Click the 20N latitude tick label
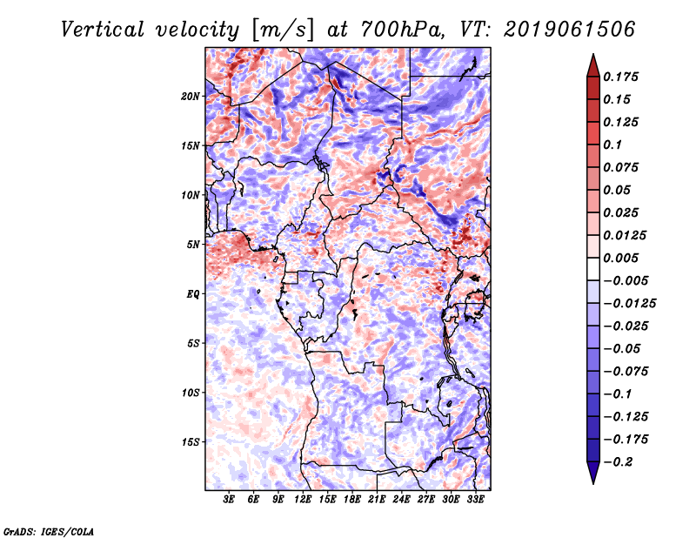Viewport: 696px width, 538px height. [191, 97]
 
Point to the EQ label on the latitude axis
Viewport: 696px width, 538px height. [192, 294]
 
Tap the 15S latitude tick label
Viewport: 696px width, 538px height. [191, 442]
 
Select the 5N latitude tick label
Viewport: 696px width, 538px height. [193, 245]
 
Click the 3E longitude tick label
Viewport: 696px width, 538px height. [229, 500]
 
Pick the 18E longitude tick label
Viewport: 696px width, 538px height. [352, 500]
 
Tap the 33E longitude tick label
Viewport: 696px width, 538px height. [475, 500]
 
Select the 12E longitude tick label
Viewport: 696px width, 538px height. [303, 500]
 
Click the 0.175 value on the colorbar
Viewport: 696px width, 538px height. [621, 77]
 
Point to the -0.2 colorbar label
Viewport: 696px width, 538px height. [618, 462]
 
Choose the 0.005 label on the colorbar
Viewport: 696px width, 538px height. [621, 258]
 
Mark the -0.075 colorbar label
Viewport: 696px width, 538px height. [626, 372]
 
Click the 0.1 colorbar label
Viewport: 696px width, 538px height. [613, 145]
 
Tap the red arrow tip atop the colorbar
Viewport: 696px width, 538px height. [593, 55]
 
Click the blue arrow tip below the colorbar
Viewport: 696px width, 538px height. [593, 483]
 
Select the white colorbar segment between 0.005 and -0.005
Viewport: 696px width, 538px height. [593, 269]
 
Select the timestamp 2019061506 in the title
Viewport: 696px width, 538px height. [570, 30]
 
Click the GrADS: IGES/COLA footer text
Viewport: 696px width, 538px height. [49, 531]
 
